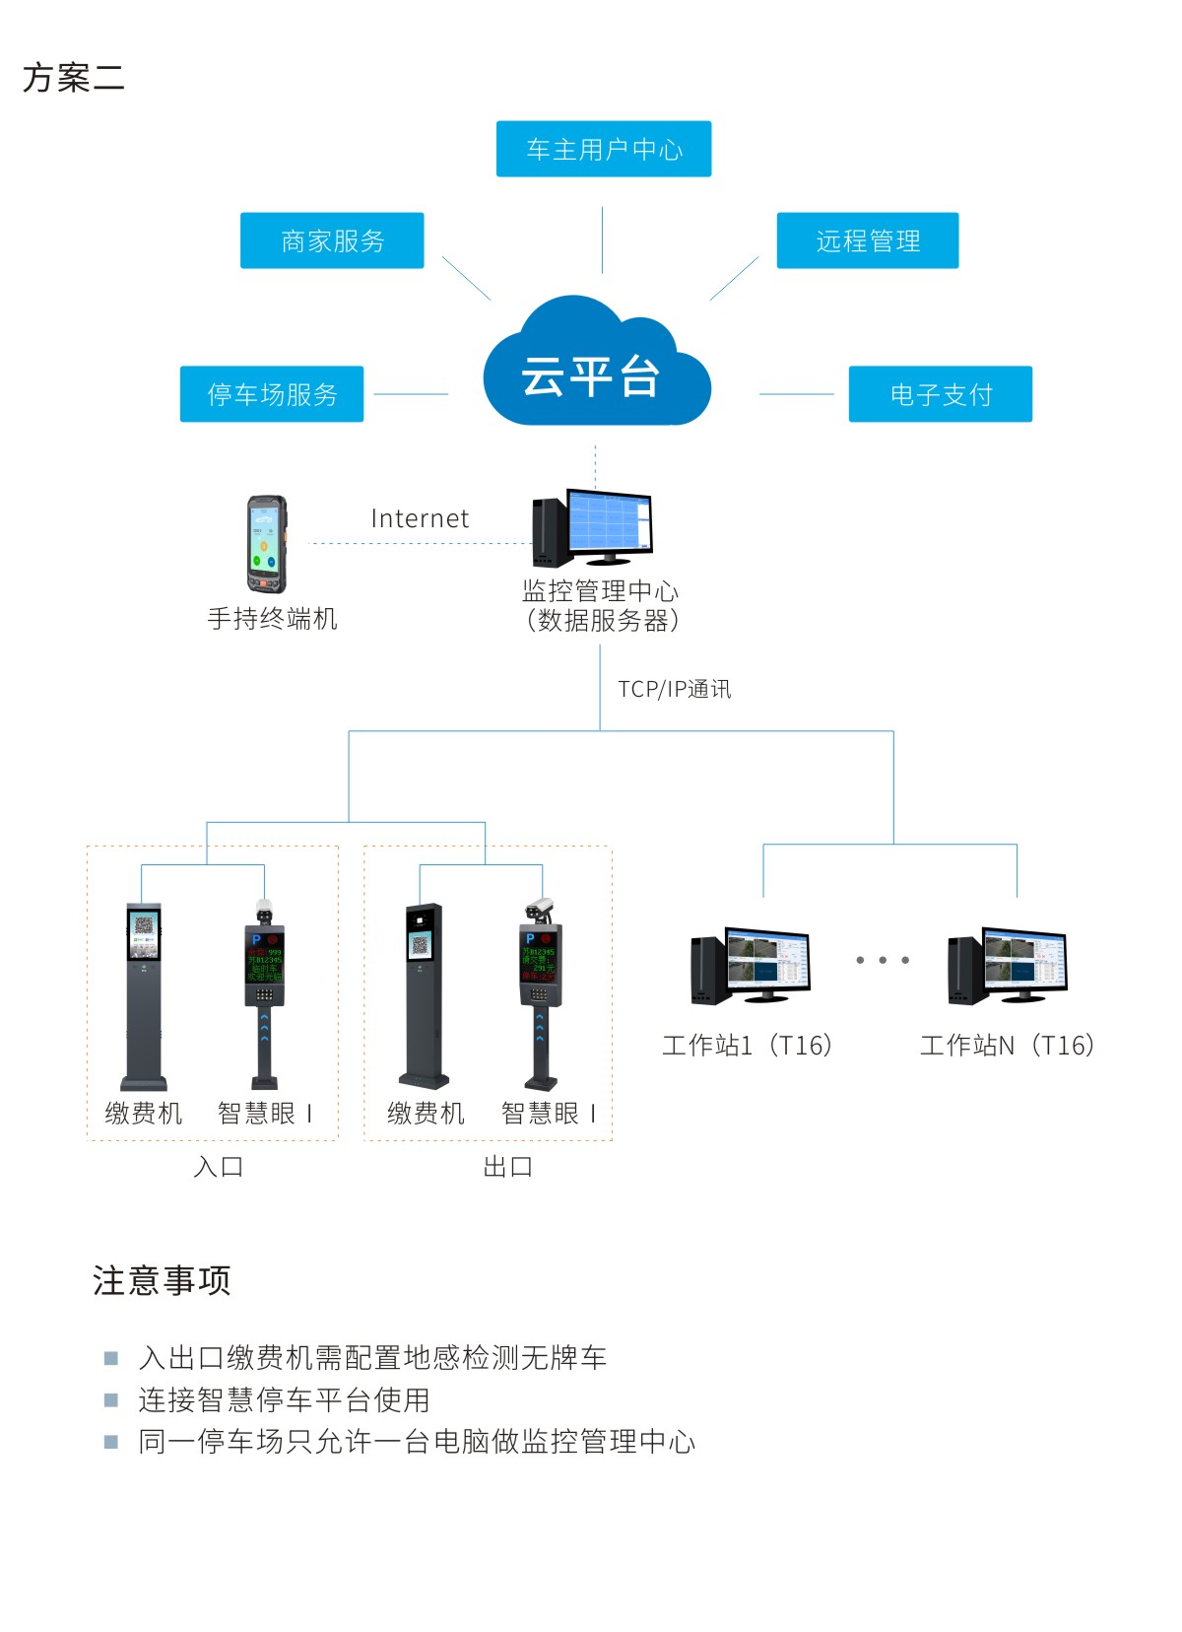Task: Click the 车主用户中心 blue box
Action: [603, 149]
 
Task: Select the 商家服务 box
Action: [332, 240]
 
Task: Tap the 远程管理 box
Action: [867, 240]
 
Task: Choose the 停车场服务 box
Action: [272, 394]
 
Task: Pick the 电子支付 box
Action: [940, 394]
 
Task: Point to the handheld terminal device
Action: [267, 544]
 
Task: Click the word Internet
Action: [420, 518]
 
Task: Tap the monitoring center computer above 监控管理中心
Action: [593, 528]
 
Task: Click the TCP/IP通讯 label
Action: [674, 689]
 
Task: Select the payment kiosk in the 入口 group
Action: [144, 995]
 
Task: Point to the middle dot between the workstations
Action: [883, 960]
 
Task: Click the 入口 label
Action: [218, 1167]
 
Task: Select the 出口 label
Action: [507, 1167]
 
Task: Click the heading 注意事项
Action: [162, 1280]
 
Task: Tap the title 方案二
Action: [74, 78]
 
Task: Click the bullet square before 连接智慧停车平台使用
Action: [111, 1399]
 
